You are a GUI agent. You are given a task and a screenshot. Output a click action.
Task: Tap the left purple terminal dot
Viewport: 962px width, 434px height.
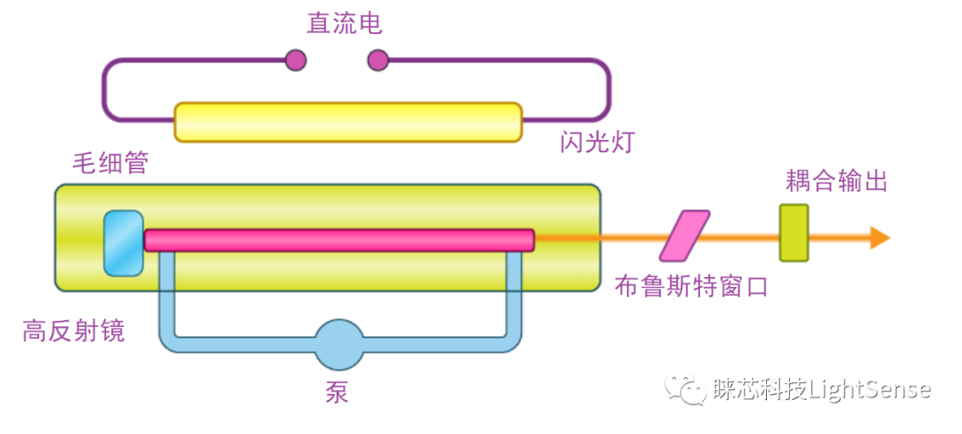[296, 60]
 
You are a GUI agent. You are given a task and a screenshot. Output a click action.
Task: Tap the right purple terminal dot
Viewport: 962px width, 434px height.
[379, 60]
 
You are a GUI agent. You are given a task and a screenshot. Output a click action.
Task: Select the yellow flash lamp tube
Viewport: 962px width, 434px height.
[347, 122]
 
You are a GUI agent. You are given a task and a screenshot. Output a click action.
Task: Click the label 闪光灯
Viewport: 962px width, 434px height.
[597, 143]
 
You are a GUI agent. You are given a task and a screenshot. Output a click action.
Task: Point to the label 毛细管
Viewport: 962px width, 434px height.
[110, 163]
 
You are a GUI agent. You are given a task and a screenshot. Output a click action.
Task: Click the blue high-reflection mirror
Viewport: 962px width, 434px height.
[123, 242]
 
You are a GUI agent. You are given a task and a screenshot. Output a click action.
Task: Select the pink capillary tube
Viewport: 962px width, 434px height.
[338, 241]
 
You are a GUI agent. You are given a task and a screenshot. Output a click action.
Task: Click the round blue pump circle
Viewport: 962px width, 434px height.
[338, 345]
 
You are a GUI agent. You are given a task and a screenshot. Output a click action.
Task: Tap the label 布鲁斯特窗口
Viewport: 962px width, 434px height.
[690, 286]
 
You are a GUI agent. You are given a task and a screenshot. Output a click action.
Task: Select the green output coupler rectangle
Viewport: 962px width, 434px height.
[794, 233]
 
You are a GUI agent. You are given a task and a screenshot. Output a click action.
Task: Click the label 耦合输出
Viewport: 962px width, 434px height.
[836, 182]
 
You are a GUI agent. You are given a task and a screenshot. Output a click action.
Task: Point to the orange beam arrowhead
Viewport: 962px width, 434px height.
[880, 238]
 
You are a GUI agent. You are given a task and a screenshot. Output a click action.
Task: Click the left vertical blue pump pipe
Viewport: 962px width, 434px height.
[167, 294]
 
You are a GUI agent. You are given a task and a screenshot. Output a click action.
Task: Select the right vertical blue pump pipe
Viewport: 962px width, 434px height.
[514, 294]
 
